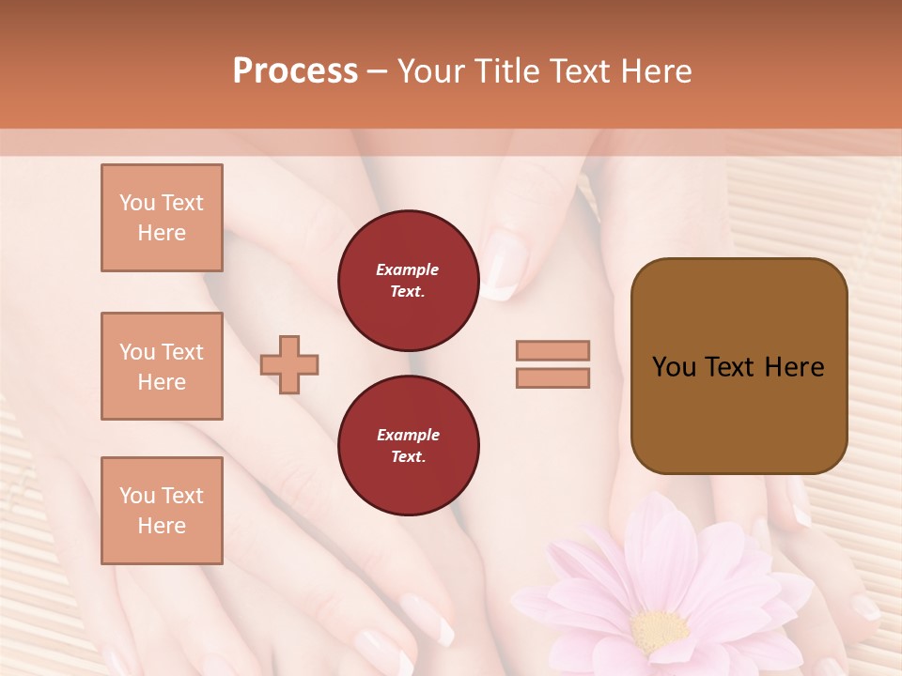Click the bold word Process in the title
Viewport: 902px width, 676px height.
tap(295, 71)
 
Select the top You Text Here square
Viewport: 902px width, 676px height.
tap(162, 218)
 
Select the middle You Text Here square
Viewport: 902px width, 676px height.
tap(162, 366)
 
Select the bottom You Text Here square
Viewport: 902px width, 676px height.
tap(162, 510)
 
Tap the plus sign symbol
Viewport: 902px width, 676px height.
tap(289, 364)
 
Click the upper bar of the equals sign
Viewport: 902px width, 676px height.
tap(553, 350)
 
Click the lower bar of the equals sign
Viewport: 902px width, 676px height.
tap(553, 377)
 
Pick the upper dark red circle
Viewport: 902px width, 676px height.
tap(408, 281)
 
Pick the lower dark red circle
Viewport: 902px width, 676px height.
tap(408, 445)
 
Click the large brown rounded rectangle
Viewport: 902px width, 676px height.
tap(739, 366)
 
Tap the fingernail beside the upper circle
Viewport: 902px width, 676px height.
tap(505, 265)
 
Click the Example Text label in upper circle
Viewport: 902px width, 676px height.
tap(408, 281)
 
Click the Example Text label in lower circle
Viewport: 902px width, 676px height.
tap(408, 446)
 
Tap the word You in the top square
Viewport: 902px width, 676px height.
tap(137, 203)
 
